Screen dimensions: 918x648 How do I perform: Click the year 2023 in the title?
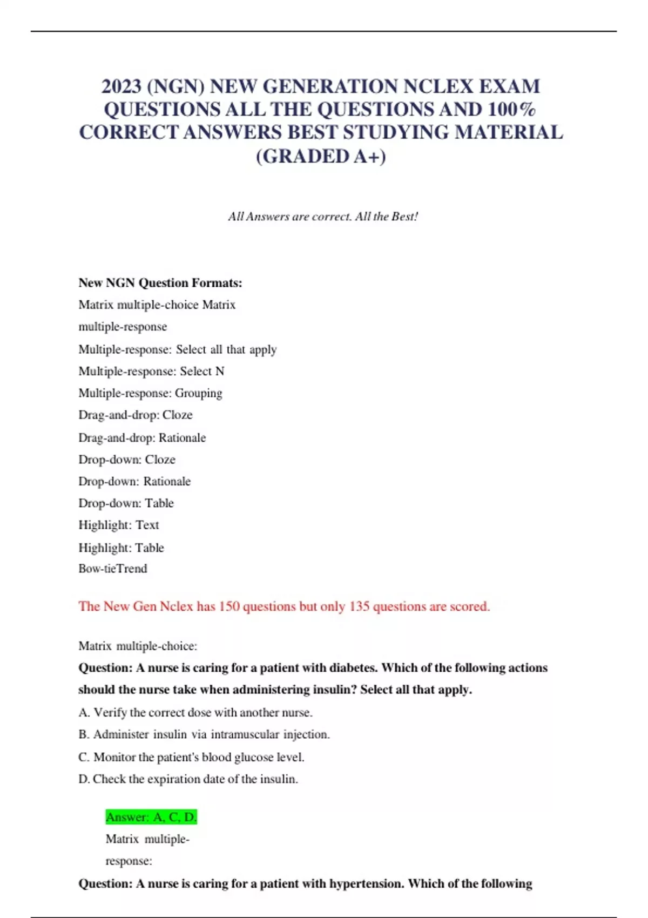click(x=122, y=86)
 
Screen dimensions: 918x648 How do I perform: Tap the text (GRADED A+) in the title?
click(x=321, y=157)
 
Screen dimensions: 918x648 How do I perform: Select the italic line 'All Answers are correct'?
click(x=323, y=217)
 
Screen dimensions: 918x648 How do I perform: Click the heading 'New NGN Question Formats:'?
click(x=160, y=283)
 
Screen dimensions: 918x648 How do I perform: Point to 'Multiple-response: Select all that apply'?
click(x=178, y=349)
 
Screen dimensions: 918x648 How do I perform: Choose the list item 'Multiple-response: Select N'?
click(x=151, y=372)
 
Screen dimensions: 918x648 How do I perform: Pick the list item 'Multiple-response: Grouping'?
click(x=150, y=393)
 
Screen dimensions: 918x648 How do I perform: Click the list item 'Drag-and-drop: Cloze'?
click(x=136, y=415)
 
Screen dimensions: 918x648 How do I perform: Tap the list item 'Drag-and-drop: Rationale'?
click(x=142, y=437)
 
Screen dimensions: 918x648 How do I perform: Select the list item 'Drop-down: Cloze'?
click(x=127, y=460)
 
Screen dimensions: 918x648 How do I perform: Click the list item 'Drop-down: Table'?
click(x=126, y=503)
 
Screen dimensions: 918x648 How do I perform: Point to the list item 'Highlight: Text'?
click(x=119, y=525)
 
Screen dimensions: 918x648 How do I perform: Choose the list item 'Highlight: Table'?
click(x=121, y=548)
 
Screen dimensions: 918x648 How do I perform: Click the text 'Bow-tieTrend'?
click(x=113, y=569)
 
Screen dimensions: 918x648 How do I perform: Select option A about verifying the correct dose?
click(x=195, y=713)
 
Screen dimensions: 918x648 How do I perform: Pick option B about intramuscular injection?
click(x=204, y=734)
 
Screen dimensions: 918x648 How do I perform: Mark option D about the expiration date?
click(x=188, y=779)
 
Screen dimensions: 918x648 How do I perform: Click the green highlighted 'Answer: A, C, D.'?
click(x=151, y=817)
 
